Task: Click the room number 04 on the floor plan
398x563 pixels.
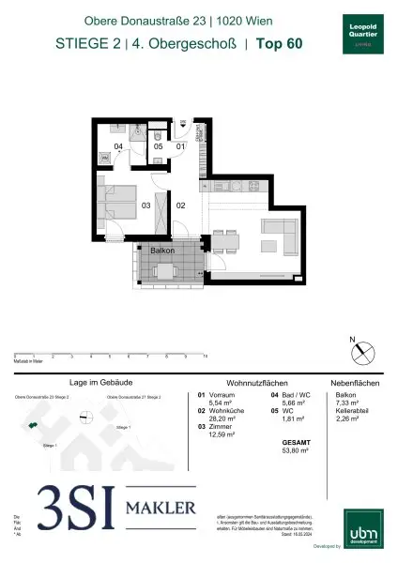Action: click(119, 146)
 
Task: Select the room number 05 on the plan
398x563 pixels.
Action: click(159, 146)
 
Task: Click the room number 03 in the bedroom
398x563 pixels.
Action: click(145, 205)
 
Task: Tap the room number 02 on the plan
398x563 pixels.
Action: click(182, 205)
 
